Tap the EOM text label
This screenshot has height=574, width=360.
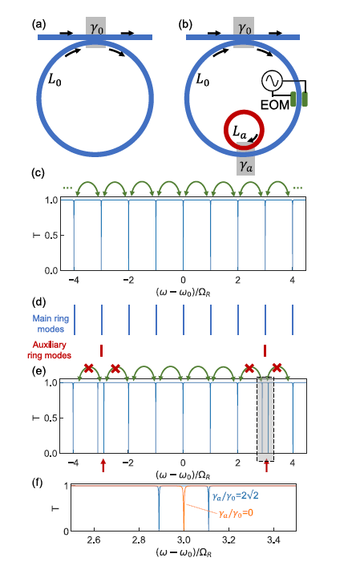coord(275,105)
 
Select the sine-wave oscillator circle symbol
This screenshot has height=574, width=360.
coord(272,81)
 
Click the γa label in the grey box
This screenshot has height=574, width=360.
coord(245,167)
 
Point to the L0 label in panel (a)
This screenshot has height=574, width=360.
coord(55,79)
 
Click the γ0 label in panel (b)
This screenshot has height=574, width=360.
coord(245,29)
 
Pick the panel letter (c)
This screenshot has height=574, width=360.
coord(38,172)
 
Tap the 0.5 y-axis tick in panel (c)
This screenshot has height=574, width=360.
coord(51,236)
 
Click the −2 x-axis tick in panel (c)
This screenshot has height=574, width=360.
coord(128,280)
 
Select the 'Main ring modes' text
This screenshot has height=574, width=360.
coord(51,324)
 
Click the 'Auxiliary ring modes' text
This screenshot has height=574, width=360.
coord(50,350)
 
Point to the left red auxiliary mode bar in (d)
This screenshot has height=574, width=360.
coord(102,350)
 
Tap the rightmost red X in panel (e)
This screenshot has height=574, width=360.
coord(277,367)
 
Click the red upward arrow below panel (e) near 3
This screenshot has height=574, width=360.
coord(266,466)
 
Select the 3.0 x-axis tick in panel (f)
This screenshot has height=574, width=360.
coord(184,540)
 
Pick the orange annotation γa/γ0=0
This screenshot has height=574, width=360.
coord(236,513)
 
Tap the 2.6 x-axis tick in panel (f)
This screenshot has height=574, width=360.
coord(94,540)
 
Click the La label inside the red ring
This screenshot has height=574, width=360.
coord(240,131)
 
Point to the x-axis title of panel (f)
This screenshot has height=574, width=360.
coord(183,552)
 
